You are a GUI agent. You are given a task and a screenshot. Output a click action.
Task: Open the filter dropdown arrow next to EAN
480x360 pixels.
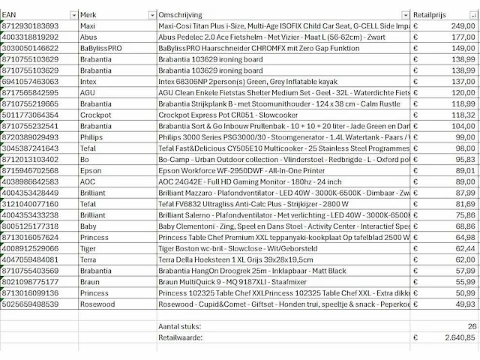tap(73, 15)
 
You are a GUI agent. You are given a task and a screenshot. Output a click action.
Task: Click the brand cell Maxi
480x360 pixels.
tap(88, 25)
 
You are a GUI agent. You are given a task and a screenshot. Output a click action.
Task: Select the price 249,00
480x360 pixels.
tap(460, 25)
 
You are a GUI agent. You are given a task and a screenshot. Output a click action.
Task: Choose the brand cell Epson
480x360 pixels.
tap(91, 170)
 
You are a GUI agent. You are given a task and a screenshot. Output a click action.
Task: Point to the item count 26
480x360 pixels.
tap(470, 327)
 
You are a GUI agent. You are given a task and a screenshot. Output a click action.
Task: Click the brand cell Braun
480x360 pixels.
tap(90, 281)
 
